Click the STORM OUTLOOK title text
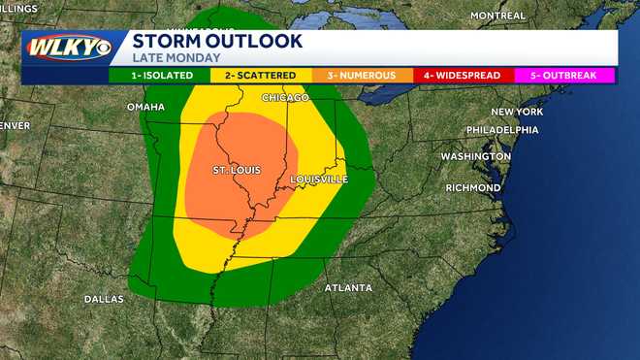(x=217, y=41)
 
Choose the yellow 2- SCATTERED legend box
(x=261, y=76)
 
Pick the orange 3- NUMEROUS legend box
(x=363, y=76)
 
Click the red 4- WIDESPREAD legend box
(x=464, y=76)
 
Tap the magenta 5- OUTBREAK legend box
(x=565, y=76)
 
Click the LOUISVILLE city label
(x=318, y=180)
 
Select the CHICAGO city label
(x=285, y=98)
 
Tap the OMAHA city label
(x=145, y=107)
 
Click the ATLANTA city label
(x=347, y=288)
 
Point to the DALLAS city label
(x=104, y=299)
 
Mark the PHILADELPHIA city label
(x=501, y=130)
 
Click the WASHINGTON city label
(x=475, y=156)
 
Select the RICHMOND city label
(x=472, y=187)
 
